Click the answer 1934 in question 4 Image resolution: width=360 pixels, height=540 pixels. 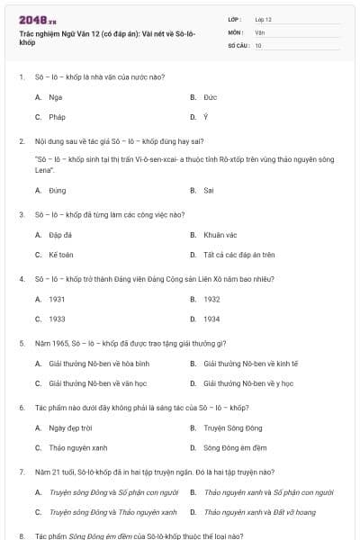pyautogui.click(x=211, y=319)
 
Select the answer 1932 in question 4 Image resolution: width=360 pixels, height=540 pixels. pyautogui.click(x=211, y=299)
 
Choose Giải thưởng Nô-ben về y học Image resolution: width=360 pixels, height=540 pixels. pyautogui.click(x=248, y=383)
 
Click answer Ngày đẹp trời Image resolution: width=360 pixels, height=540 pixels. pyautogui.click(x=70, y=427)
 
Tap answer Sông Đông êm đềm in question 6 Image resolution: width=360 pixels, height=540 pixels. pyautogui.click(x=231, y=447)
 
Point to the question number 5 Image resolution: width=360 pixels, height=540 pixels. pyautogui.click(x=22, y=343)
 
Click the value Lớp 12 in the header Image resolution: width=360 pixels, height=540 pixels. pyautogui.click(x=263, y=19)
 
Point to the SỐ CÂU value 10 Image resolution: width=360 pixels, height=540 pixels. pyautogui.click(x=258, y=44)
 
